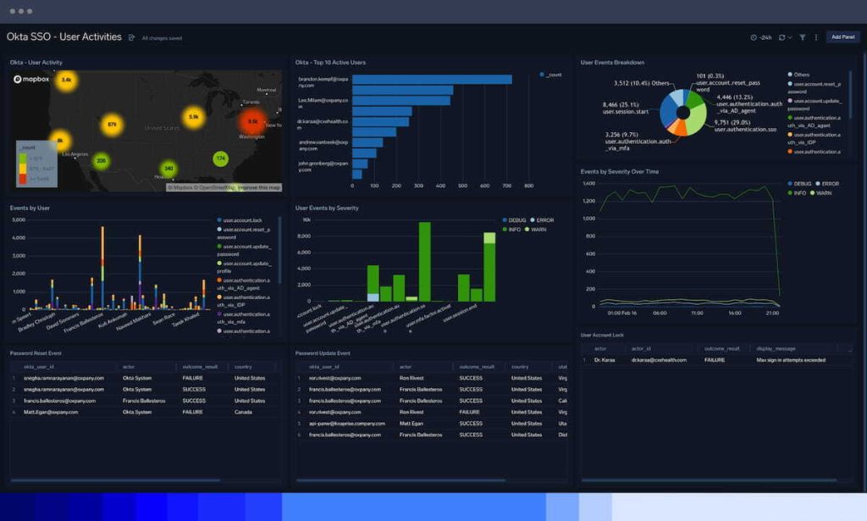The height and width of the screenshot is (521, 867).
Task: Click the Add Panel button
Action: [x=842, y=37]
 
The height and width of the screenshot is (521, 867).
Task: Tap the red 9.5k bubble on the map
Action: [x=252, y=121]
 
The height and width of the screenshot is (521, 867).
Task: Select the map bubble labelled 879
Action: [x=112, y=125]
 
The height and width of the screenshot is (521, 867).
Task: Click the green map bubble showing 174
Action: [x=221, y=158]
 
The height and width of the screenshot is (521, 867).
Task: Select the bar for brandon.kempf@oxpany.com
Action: [x=432, y=80]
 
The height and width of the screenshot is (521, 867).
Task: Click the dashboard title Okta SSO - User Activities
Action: [x=64, y=37]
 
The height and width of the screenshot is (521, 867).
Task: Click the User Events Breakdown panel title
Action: [x=612, y=62]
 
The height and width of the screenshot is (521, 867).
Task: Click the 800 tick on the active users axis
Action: [x=528, y=186]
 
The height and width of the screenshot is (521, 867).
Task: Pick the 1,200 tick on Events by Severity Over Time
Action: [x=589, y=201]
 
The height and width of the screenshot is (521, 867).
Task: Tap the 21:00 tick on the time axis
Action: [x=771, y=313]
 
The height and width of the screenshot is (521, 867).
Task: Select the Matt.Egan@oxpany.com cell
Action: [x=52, y=412]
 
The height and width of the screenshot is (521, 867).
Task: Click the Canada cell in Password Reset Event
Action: [x=245, y=412]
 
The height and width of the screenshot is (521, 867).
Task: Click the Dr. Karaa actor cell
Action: [x=605, y=360]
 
